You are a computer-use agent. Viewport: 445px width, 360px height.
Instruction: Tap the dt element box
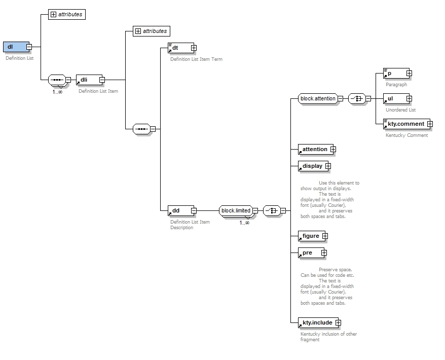(x=179, y=48)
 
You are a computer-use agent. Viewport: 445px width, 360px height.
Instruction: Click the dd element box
(x=179, y=210)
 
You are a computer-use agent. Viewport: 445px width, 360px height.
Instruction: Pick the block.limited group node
(x=236, y=210)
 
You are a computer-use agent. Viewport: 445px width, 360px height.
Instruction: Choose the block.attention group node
(x=318, y=98)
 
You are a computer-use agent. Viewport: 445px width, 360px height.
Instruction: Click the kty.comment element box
(x=404, y=124)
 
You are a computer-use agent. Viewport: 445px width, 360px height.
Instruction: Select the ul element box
(x=394, y=98)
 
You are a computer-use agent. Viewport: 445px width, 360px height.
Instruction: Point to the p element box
(x=394, y=74)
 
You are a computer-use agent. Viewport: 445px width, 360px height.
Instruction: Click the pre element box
(x=309, y=253)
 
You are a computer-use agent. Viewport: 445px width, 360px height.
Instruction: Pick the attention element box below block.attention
(x=314, y=149)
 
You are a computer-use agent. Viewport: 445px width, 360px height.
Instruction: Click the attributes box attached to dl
(x=67, y=14)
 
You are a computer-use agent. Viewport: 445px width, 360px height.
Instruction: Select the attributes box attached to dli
(x=151, y=31)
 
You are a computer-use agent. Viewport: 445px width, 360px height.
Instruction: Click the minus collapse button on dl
(x=29, y=47)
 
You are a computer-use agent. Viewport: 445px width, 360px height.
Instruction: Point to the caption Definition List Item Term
(x=196, y=59)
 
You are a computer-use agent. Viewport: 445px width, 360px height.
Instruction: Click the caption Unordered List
(x=400, y=110)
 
